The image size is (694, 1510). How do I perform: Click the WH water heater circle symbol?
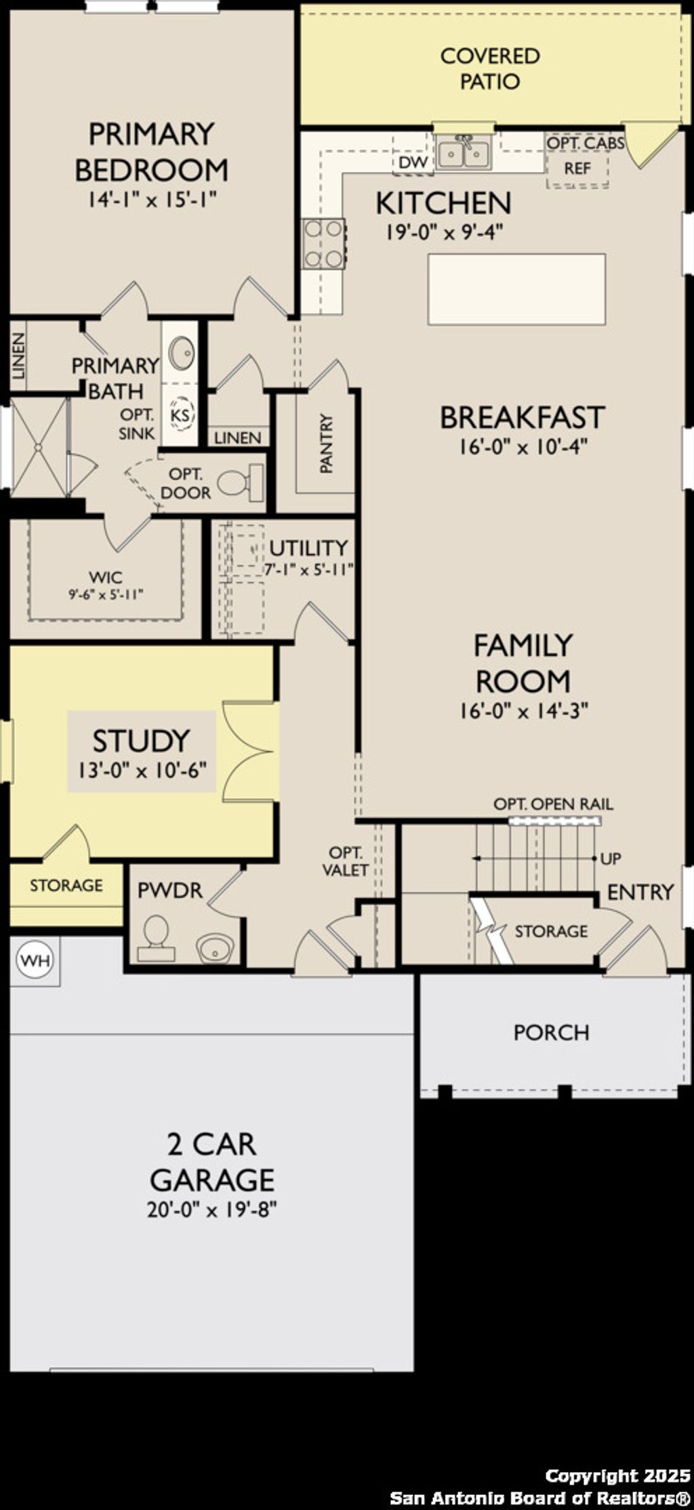(x=35, y=960)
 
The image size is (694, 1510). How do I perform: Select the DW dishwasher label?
(x=412, y=163)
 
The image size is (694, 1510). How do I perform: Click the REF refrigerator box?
(x=577, y=168)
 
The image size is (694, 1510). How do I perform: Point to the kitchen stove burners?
(x=323, y=244)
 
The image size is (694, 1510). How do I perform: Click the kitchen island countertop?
(x=516, y=289)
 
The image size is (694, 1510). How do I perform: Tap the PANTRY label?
(x=327, y=444)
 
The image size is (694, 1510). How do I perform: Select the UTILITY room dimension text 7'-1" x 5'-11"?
(x=309, y=570)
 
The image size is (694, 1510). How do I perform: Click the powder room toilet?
(x=157, y=938)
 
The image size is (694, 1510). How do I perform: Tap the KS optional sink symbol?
(x=180, y=414)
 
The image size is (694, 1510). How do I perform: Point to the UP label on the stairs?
(x=610, y=859)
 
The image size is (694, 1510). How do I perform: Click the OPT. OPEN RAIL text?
(x=553, y=804)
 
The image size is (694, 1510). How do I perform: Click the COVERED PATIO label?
(x=490, y=68)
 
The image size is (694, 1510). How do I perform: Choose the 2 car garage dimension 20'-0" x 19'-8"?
(x=212, y=1209)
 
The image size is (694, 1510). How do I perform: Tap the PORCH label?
(x=551, y=1032)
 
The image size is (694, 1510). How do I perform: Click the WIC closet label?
(x=106, y=578)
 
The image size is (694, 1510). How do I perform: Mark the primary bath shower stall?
(x=39, y=448)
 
